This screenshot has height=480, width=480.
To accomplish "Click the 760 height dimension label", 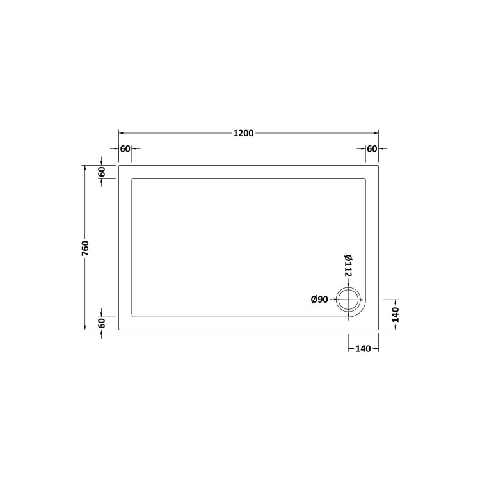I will tap(85, 248).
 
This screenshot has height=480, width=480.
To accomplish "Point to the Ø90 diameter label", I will tap(319, 300).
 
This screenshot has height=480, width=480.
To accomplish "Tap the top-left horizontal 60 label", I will tap(125, 149).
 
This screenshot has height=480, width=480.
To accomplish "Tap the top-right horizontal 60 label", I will tap(372, 149).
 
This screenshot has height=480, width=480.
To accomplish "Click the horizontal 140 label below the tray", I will tap(363, 349).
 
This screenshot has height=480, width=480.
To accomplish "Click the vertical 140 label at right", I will tap(396, 314).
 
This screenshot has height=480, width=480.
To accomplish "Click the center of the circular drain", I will tap(349, 300).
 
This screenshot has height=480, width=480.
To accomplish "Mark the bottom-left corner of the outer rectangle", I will tap(119, 330).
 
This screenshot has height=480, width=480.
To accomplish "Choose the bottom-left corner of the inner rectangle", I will tap(132, 317).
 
